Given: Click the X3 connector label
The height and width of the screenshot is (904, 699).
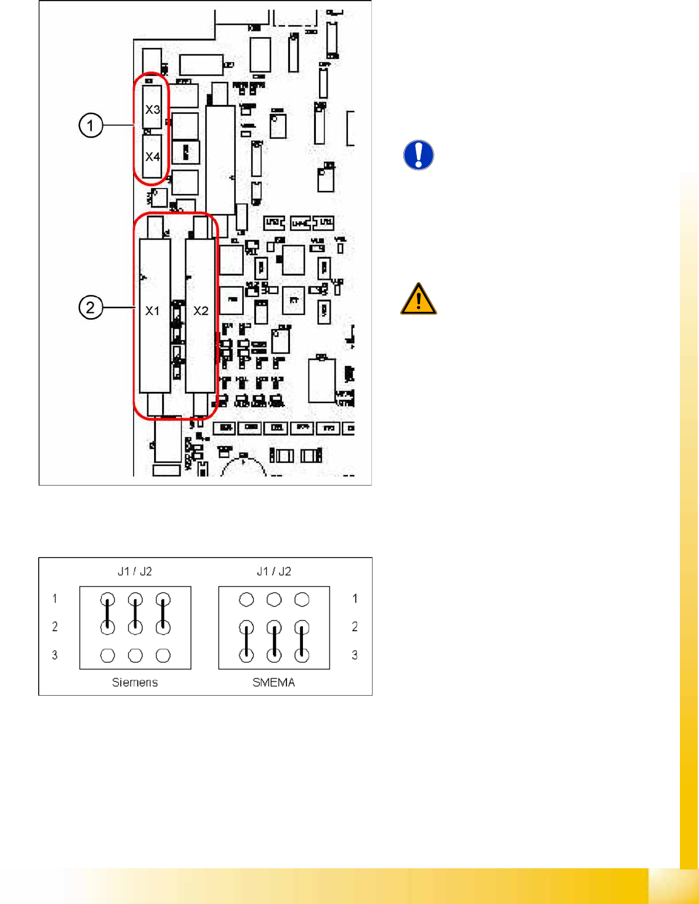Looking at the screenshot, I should coord(152,110).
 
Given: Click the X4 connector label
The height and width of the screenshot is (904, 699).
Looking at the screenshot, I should coord(152,157).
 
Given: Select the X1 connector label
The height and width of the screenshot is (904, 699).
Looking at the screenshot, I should coord(152,311).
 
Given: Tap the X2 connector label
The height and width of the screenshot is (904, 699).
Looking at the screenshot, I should coord(201,311).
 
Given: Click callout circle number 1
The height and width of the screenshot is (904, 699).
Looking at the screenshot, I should coord(91,126).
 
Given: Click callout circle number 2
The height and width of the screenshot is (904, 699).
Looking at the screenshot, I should coord(91,307).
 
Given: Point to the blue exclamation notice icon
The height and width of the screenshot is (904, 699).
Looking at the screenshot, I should coord(419,155).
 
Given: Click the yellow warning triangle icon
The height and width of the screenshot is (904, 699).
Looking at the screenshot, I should coord(419,299).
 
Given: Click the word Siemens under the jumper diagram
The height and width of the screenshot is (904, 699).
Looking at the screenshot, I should coord(135,682).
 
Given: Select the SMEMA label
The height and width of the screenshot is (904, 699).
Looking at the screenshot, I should coord(273,682).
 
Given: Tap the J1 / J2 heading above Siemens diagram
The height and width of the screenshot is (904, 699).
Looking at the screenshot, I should coord(135,571).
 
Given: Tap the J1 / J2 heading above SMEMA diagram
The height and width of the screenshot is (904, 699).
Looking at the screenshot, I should coord(273,571).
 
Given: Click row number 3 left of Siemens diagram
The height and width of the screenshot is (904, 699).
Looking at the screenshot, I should coord(55,654).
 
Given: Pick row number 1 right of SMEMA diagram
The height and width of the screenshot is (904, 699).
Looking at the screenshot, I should coord(355,598).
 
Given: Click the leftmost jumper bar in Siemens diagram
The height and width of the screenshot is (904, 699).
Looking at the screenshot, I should coord(108,613).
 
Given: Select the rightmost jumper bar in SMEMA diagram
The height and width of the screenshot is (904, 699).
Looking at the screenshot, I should coord(302,641).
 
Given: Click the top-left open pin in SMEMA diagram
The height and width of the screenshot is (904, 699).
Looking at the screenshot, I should coord(246,599).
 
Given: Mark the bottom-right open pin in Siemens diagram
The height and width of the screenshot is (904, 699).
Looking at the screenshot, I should coord(163,655).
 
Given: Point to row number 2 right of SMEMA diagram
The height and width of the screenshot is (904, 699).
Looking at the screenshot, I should coord(355,626).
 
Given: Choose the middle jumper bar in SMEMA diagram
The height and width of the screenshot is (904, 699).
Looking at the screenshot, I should coord(274,641).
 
